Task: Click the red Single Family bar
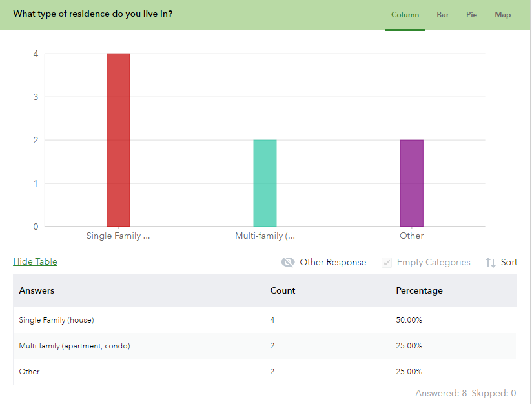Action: [x=118, y=140]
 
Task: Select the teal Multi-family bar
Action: [x=265, y=183]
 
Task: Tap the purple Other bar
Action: [x=411, y=183]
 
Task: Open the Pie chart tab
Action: [x=471, y=15]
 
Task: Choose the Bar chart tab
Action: [x=442, y=15]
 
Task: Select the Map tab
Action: [x=502, y=15]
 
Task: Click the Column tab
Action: [x=405, y=15]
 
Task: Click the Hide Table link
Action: [x=36, y=261]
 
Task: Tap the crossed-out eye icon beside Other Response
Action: [x=288, y=262]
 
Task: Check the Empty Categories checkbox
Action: [x=387, y=262]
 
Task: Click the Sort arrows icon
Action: [x=491, y=262]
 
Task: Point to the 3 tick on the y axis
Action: [x=36, y=97]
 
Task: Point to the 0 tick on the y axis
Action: [x=36, y=227]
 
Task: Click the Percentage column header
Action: [x=419, y=290]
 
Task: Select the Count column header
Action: [x=282, y=290]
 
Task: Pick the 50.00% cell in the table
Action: [x=409, y=320]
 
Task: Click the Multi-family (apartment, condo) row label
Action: [x=74, y=346]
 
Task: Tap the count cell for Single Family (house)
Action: [x=272, y=320]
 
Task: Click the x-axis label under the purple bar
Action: [x=411, y=236]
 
